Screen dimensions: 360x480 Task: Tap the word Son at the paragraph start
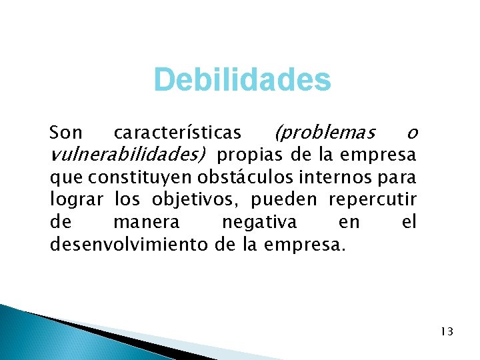66,133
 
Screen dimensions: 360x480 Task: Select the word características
177,133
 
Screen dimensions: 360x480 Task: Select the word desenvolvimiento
130,244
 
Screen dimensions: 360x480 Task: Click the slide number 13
446,331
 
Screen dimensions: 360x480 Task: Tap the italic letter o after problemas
411,133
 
